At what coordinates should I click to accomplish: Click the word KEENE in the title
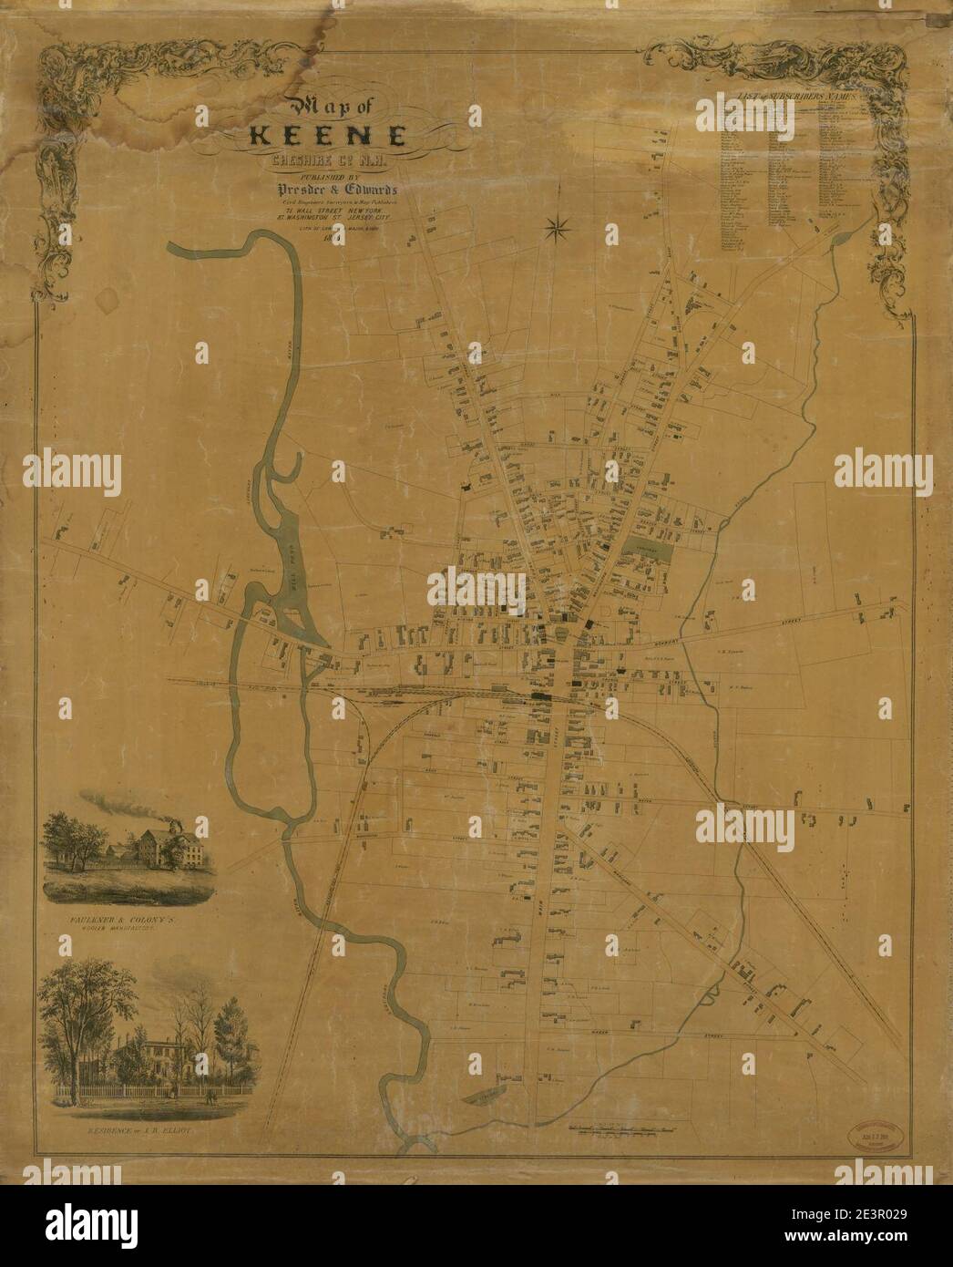click(330, 138)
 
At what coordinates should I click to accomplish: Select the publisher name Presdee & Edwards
click(333, 191)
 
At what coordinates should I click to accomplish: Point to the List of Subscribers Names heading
click(793, 98)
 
